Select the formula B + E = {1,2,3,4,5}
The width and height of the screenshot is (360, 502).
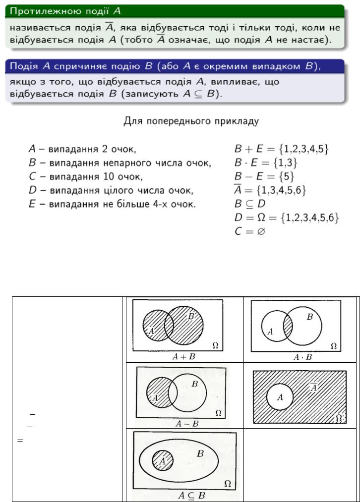pos(281,148)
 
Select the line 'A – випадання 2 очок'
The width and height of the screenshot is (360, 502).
pos(82,148)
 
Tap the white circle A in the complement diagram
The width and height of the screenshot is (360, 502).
pos(280,397)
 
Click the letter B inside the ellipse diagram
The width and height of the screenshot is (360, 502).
pos(200,453)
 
